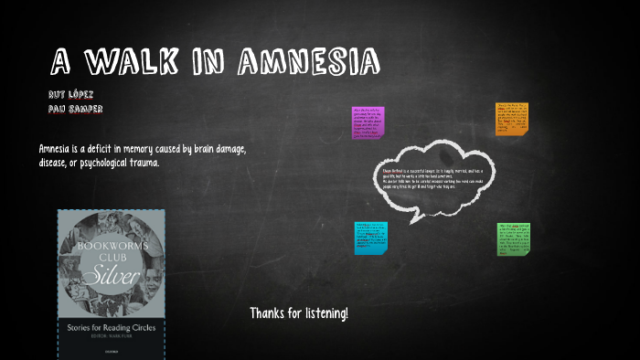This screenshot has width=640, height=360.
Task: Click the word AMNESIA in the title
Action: coord(308,62)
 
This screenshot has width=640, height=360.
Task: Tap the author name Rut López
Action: coord(70,94)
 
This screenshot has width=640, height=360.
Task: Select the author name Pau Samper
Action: coord(75,109)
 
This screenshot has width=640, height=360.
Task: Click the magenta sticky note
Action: coord(368,122)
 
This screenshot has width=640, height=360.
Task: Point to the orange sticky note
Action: coord(512,119)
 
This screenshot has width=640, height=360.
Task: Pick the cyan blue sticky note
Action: coord(370,238)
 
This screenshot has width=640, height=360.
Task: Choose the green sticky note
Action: coord(515,238)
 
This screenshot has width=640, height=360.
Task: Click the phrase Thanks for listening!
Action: coord(299,313)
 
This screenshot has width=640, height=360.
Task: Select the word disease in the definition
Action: coord(57,163)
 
